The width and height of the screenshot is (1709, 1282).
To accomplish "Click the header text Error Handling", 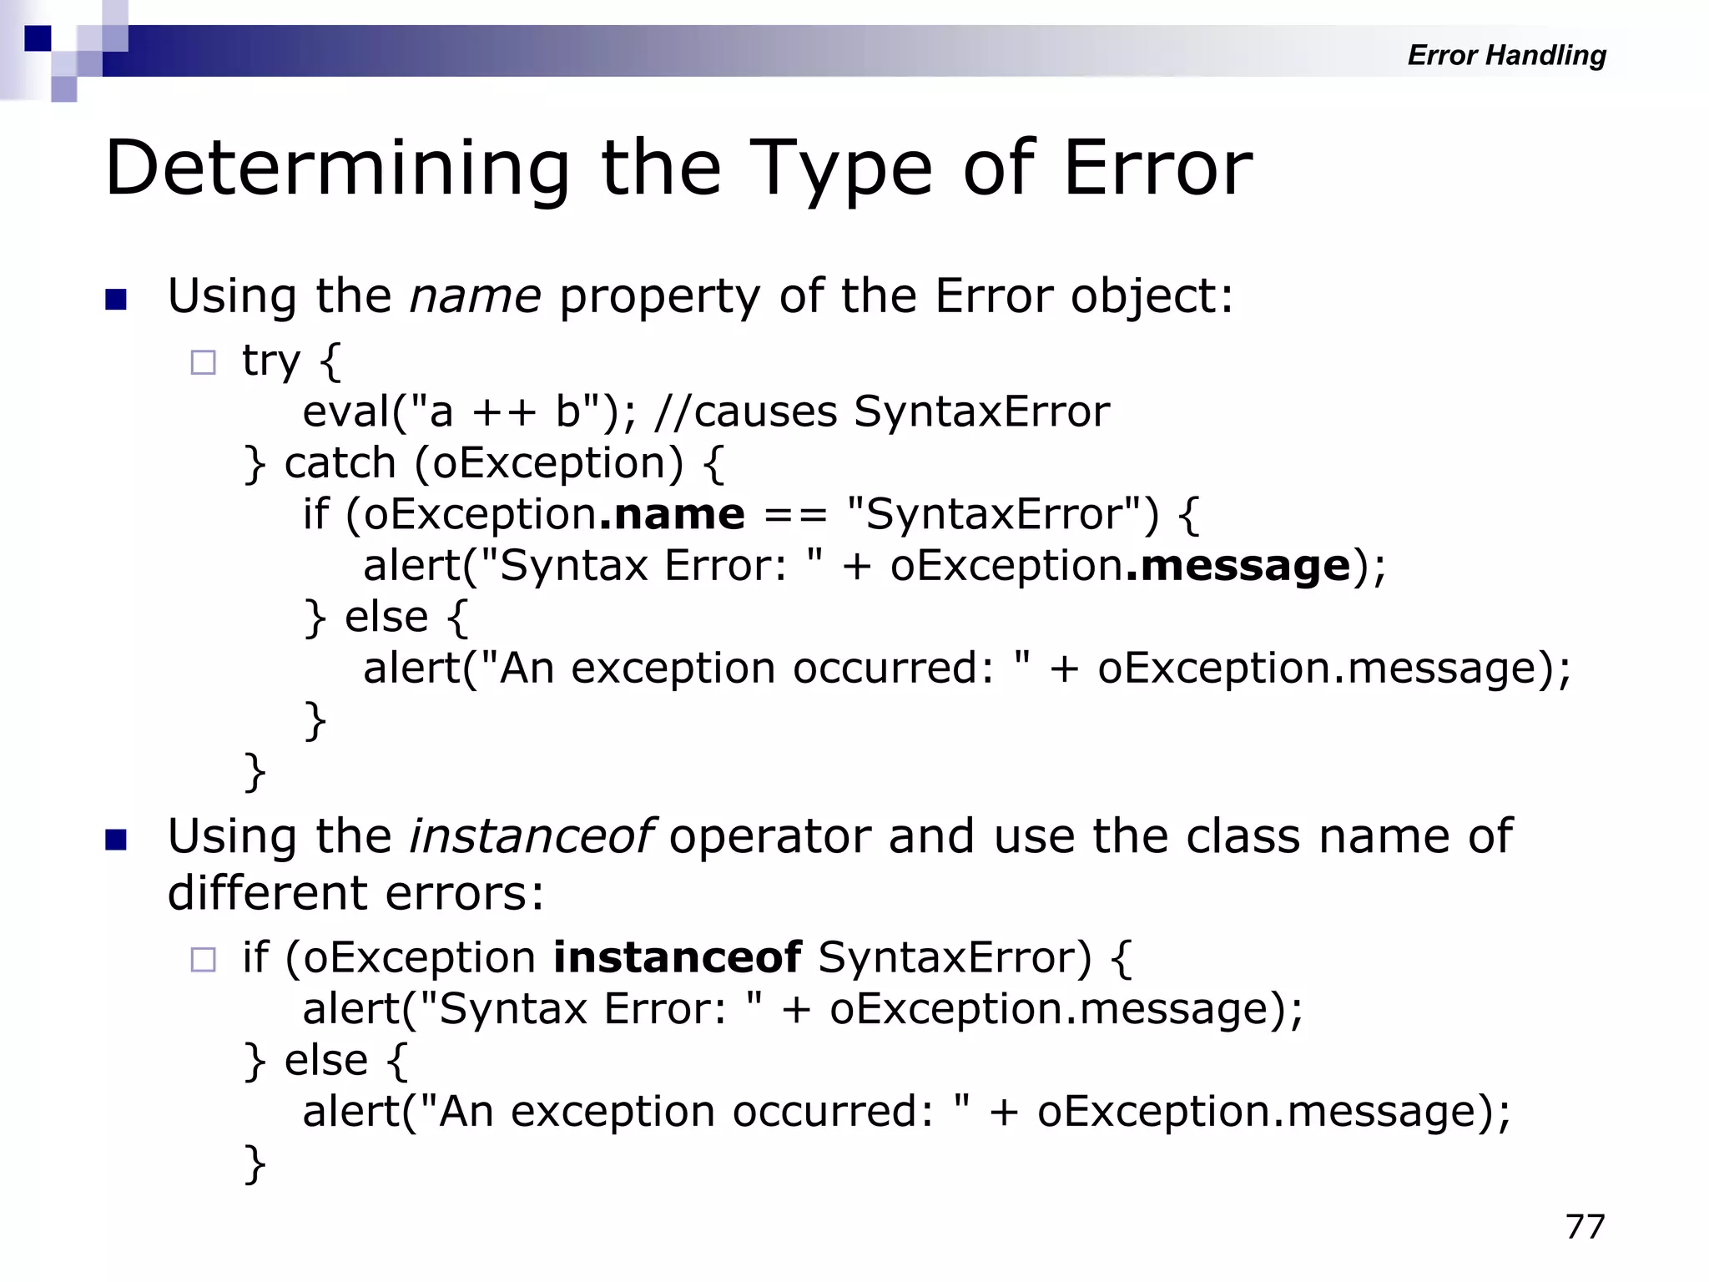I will (1506, 55).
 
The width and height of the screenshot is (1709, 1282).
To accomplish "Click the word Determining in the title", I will (337, 169).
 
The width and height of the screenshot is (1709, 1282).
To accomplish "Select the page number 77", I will (1585, 1227).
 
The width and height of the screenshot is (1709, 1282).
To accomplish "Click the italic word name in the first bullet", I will (475, 297).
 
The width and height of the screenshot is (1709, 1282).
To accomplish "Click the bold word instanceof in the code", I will (677, 956).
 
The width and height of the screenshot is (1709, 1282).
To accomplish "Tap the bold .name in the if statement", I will (672, 514).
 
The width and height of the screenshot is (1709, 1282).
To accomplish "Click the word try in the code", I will (270, 361).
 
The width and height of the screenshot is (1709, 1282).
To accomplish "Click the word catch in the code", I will (340, 463).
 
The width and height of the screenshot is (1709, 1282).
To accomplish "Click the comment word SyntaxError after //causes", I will (981, 412).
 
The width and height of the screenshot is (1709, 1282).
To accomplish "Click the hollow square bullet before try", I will (203, 362).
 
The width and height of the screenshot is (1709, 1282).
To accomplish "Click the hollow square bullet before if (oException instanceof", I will (203, 959).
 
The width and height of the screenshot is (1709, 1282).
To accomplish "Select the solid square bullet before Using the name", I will (116, 300).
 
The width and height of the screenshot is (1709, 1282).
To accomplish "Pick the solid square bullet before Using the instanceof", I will (116, 840).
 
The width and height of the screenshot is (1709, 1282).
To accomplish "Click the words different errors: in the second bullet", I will (355, 893).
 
